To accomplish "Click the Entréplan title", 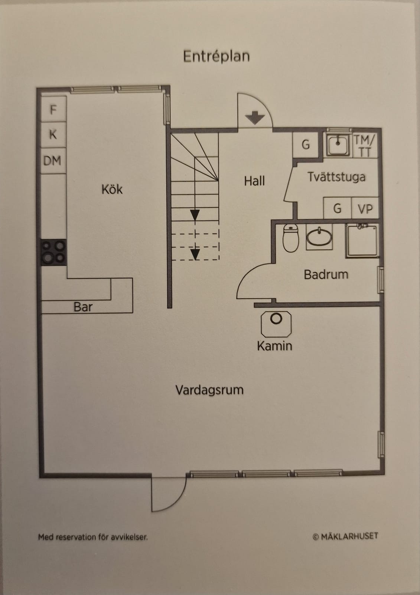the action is [x=216, y=57].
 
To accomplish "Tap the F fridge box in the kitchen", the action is [x=53, y=109].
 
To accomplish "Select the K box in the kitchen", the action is [x=53, y=135].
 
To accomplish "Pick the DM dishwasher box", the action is [x=53, y=160].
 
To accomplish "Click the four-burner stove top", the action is [x=53, y=252].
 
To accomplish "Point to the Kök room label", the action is [x=112, y=189].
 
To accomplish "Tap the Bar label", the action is [x=83, y=307].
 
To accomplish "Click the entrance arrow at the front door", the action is [x=255, y=118].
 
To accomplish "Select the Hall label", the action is [x=254, y=181].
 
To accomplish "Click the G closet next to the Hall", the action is [x=305, y=145].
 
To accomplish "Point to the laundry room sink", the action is [x=338, y=145].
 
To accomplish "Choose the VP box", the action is [x=365, y=209].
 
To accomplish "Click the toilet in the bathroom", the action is [x=290, y=238].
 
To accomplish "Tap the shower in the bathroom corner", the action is [x=362, y=241].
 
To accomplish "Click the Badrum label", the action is [x=326, y=275].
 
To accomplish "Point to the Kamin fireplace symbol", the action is [x=276, y=324].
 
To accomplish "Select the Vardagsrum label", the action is [x=209, y=390].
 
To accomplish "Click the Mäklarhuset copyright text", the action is [x=345, y=536].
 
